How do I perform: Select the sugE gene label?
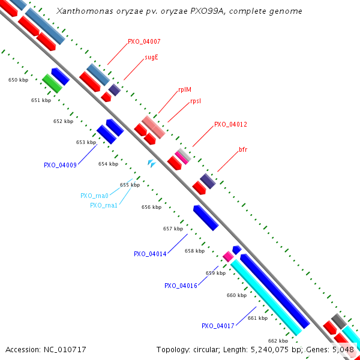(x=151, y=58)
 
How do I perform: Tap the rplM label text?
(x=185, y=90)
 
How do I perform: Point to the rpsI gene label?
(x=196, y=101)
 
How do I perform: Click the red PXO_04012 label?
(x=231, y=124)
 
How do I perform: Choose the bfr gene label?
(x=243, y=149)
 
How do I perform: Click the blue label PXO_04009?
(x=60, y=165)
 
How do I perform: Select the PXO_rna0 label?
(x=94, y=196)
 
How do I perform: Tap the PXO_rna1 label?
(x=104, y=205)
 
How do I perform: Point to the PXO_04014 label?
(x=150, y=254)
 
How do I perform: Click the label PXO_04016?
(x=181, y=286)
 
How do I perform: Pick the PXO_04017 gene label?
(x=218, y=326)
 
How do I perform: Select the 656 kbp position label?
(x=151, y=207)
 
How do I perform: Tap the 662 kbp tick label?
(x=278, y=341)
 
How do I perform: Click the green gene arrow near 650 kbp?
(x=52, y=83)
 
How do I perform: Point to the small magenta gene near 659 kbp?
(x=228, y=256)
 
